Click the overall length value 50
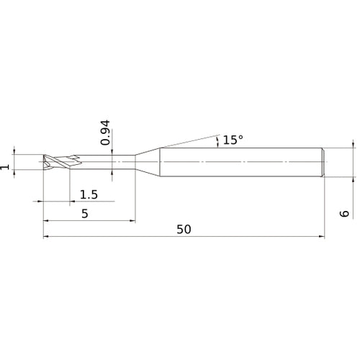point(184,229)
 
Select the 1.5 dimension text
point(89,194)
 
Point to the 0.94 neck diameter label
point(106,133)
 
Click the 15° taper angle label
point(232,140)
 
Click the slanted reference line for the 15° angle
point(187,140)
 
